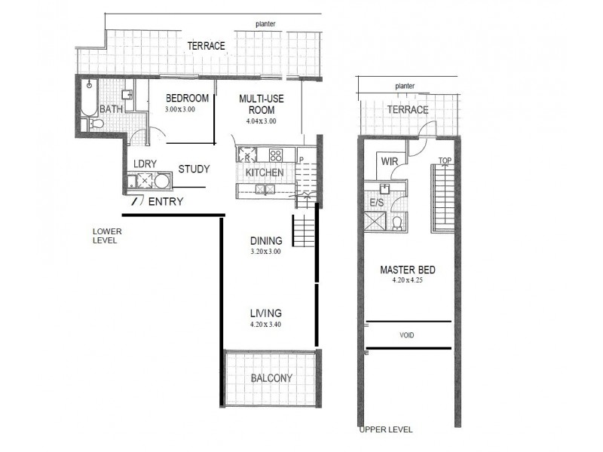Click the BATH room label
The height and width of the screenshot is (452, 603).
point(111,109)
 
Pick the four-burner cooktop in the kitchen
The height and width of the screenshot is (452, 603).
point(276,157)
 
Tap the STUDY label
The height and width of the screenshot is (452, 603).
point(194,169)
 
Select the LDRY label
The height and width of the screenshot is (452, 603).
point(144,163)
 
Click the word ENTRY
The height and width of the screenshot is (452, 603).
point(164,202)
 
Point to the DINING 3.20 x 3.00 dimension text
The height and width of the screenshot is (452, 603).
point(266,252)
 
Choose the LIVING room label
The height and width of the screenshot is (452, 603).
point(266,313)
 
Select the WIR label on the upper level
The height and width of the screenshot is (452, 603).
point(389,161)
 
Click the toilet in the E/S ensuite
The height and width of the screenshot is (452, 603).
point(396,221)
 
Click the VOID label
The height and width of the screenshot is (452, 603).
point(408,335)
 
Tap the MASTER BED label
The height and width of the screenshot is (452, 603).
point(408,270)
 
